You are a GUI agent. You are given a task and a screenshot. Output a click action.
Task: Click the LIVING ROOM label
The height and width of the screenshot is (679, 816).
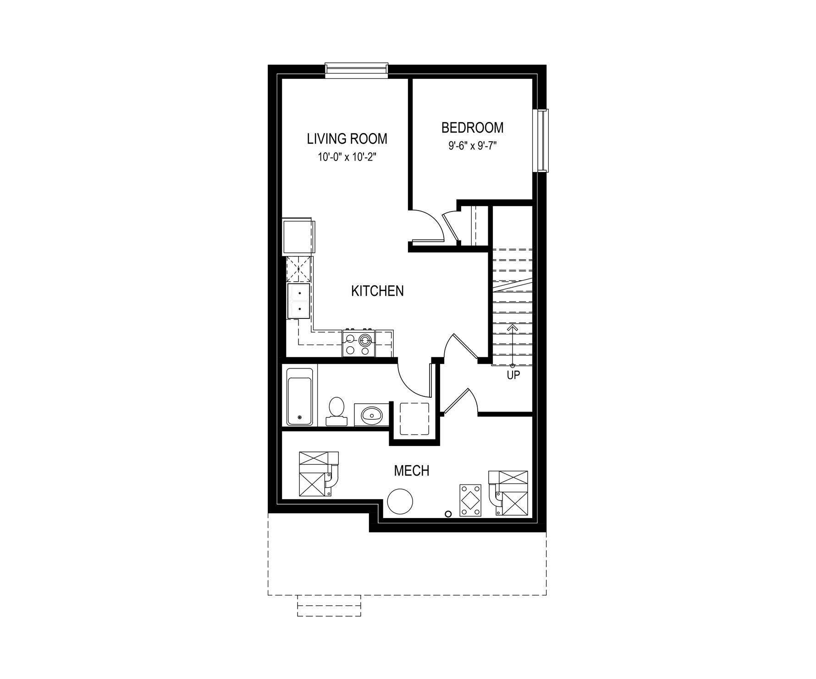pos(347,139)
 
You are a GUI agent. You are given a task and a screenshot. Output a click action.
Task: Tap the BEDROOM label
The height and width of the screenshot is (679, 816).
pos(473,127)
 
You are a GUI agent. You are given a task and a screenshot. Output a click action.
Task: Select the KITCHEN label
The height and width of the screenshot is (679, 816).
pos(377,291)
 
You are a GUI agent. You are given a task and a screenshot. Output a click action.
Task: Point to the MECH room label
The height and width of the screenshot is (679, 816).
pos(412,471)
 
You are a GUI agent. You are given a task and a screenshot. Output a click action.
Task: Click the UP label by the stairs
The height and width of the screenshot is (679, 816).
pos(513,375)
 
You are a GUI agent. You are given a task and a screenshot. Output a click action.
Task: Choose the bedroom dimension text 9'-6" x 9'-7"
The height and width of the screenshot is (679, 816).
pos(473,146)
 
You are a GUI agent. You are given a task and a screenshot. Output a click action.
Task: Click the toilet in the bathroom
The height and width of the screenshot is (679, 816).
pos(336,411)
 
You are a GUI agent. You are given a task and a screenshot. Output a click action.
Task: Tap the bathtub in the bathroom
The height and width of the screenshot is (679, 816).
pos(299,395)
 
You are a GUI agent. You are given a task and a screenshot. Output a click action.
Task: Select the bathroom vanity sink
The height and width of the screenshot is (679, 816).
pos(372,416)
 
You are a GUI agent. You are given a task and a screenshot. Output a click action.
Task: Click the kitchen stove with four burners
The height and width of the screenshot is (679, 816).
pos(358,343)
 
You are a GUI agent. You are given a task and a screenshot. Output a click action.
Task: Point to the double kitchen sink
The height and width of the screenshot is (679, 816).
pos(298,301)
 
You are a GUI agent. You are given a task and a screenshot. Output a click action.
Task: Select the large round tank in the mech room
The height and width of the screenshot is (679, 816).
pos(400,502)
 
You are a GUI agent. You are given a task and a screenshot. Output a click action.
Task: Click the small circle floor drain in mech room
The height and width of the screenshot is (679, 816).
pos(449,513)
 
